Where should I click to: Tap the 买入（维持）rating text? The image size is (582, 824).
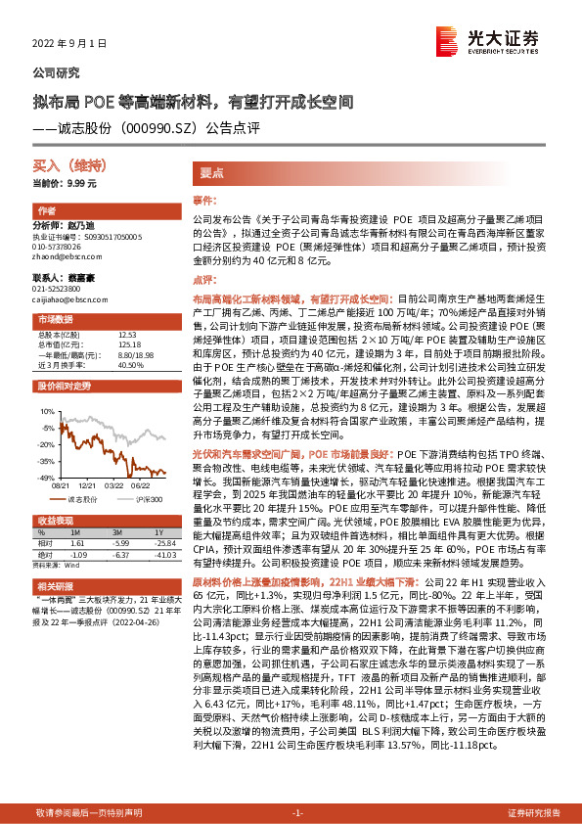tap(59, 168)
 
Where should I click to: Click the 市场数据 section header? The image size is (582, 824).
tap(54, 320)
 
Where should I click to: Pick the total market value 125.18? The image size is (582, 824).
tap(128, 343)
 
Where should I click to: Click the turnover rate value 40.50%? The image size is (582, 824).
tap(130, 364)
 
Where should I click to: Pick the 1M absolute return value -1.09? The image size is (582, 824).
tap(81, 555)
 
